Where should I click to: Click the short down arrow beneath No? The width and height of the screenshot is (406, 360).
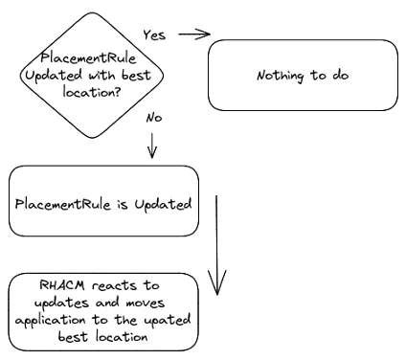tap(151, 145)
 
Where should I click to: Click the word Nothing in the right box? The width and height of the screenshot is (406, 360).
tap(277, 76)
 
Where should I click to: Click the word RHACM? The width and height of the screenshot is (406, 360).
tap(62, 285)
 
